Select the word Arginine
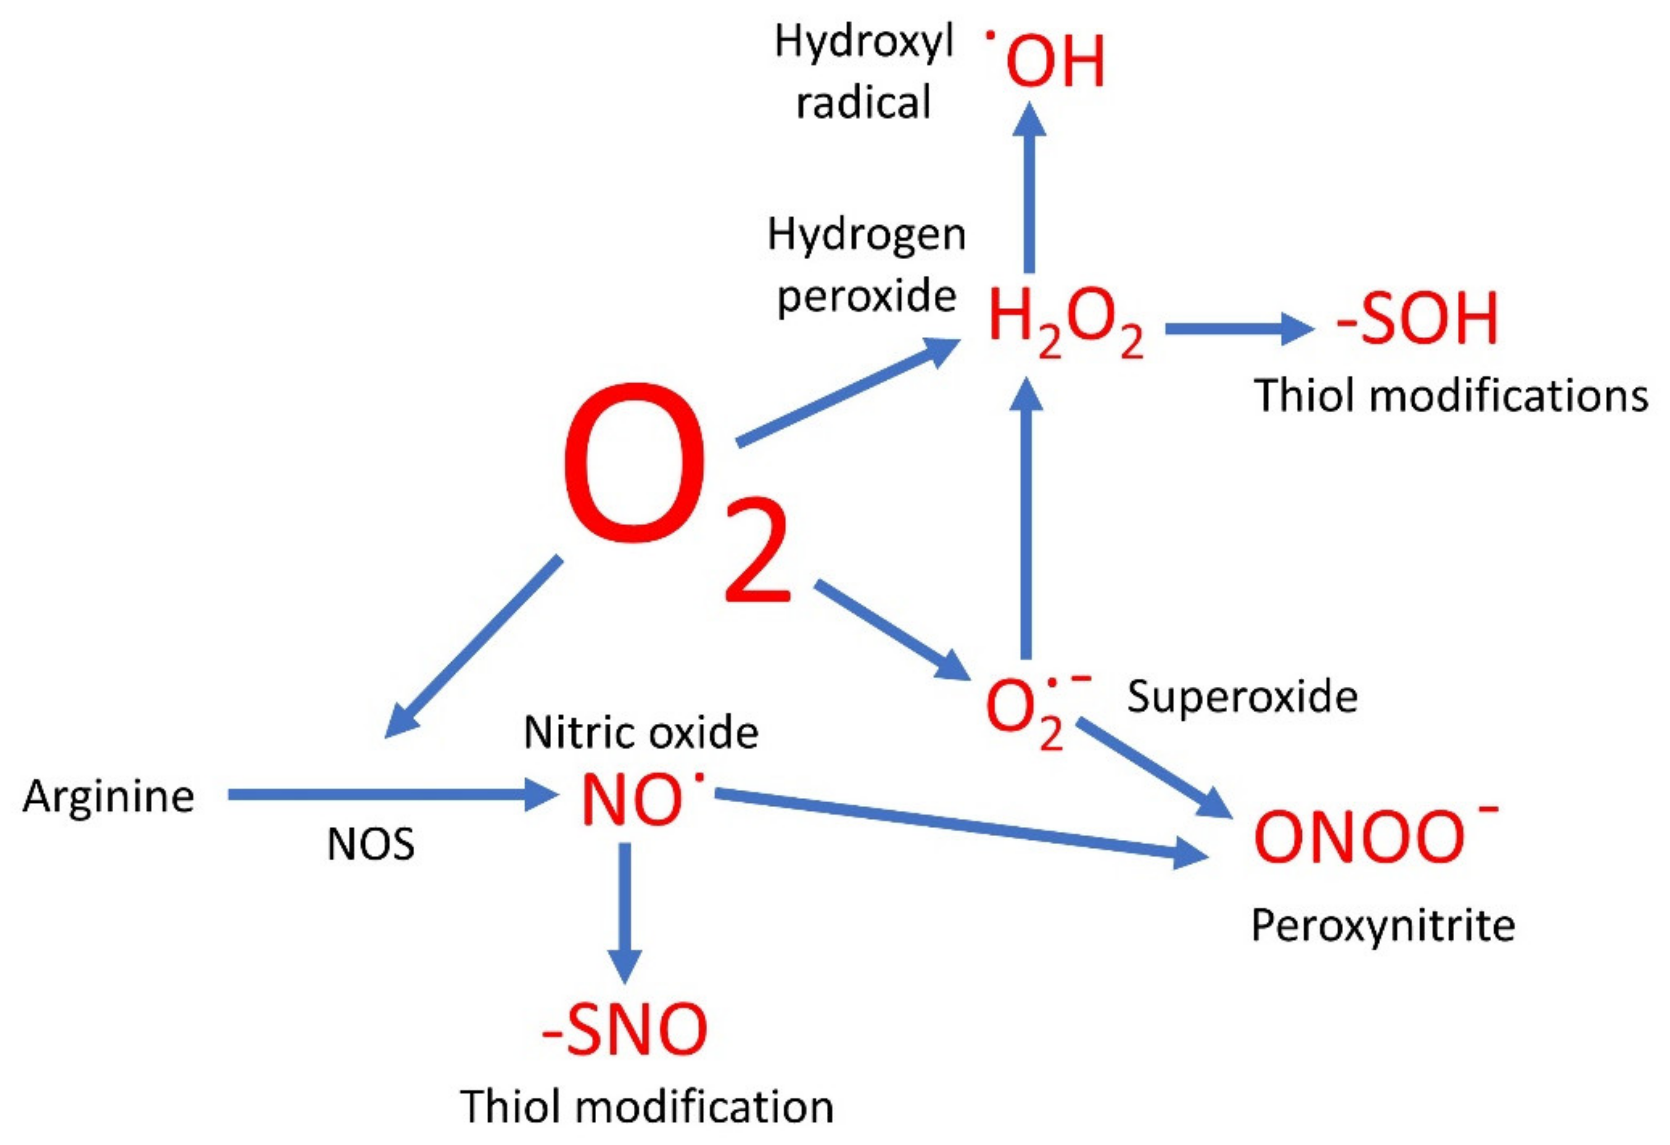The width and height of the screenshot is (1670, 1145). [108, 797]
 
